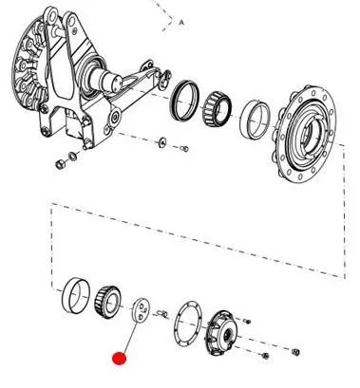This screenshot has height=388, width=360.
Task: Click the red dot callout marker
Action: pos(120,359)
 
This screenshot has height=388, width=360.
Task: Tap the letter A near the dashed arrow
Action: pos(181,23)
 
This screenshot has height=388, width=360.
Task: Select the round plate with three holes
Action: pos(141,310)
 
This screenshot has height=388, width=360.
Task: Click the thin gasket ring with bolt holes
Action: pos(188,323)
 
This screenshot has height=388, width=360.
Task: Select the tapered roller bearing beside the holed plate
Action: pos(107,303)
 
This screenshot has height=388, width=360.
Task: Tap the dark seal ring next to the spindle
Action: pos(185,101)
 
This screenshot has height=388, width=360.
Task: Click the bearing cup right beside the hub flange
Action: pos(255,120)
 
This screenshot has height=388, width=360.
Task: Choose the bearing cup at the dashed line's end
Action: pos(76,295)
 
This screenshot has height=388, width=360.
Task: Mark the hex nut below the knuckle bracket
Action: pos(60,164)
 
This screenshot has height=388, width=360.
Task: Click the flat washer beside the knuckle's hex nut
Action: pos(73,156)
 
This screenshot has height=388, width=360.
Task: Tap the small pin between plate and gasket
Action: pos(162,314)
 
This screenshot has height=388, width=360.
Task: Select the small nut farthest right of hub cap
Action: pos(295,352)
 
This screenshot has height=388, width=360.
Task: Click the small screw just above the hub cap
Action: pos(247,322)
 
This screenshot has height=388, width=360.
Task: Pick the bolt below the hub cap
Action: pos(265,356)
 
